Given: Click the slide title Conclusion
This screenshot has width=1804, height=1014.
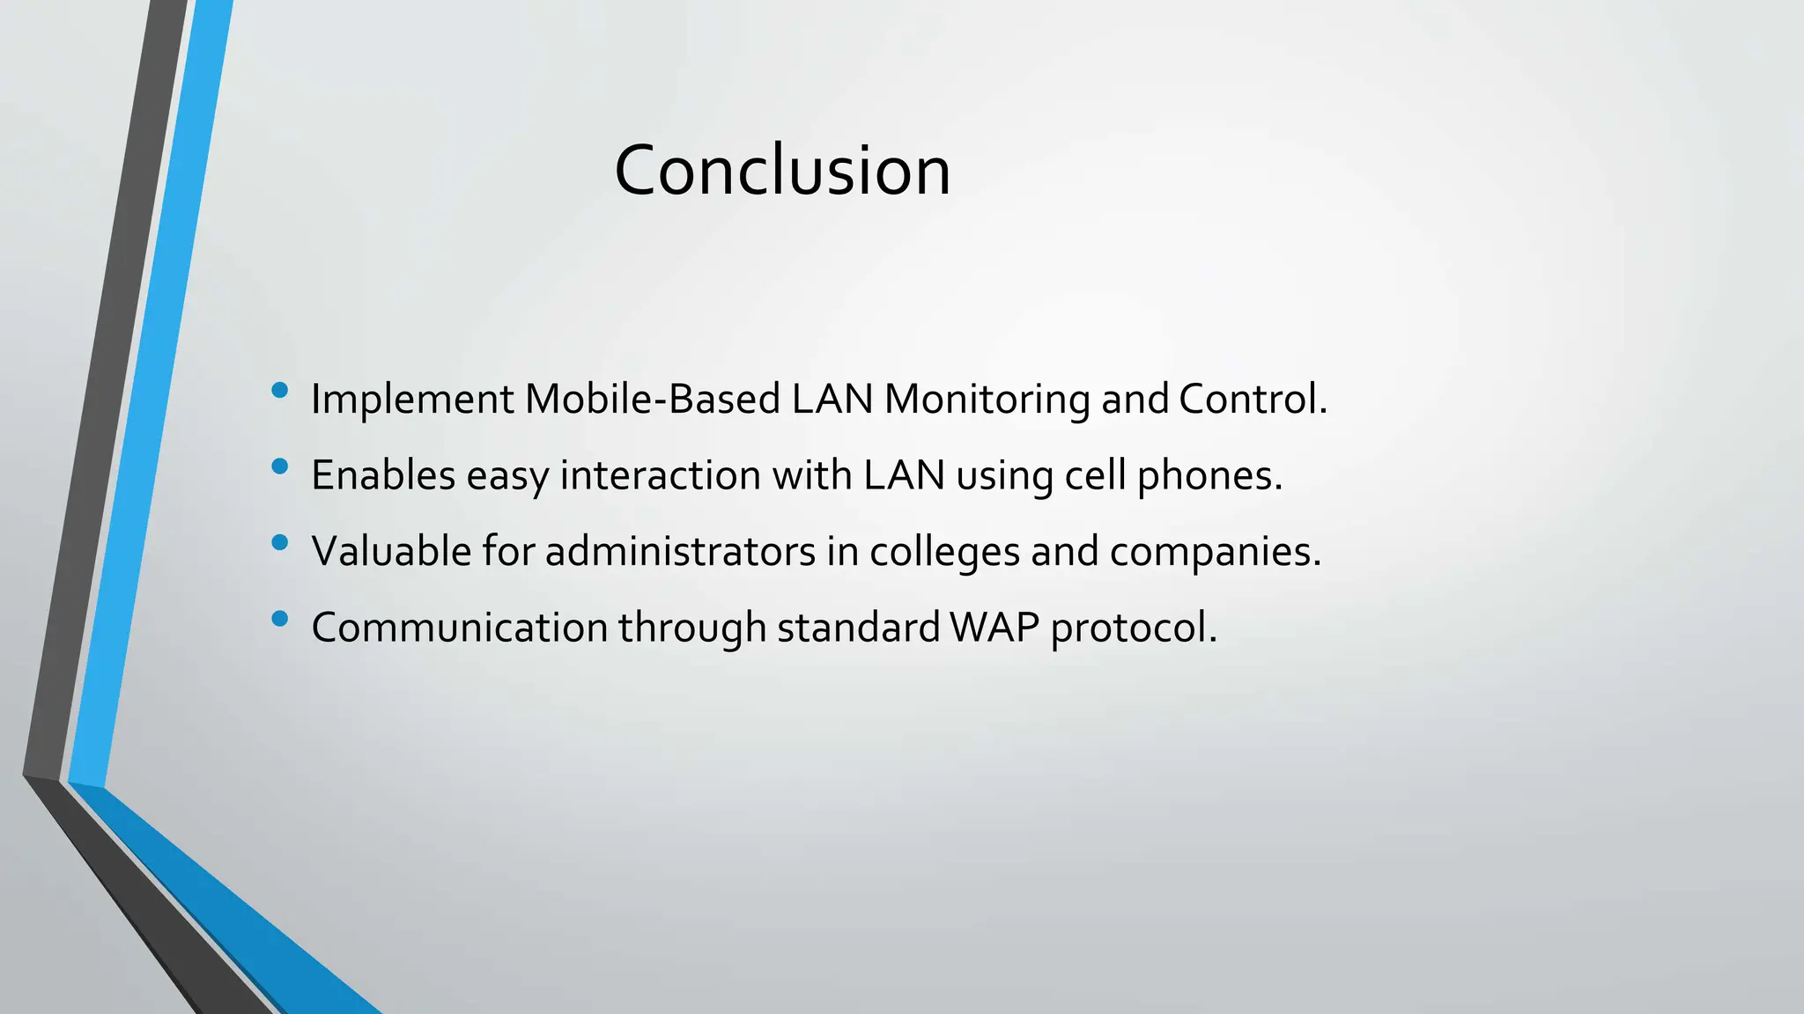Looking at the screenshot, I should tap(782, 170).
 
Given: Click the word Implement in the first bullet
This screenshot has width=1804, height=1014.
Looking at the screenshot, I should tap(412, 400).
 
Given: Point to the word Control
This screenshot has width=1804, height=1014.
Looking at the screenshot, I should tap(1252, 399).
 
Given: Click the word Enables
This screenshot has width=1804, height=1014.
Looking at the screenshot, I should tap(383, 475).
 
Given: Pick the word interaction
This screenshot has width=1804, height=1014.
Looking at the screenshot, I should tap(661, 475).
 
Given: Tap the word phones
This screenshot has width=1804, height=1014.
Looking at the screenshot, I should tap(1209, 476).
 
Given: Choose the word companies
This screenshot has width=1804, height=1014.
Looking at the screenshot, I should tap(1215, 553).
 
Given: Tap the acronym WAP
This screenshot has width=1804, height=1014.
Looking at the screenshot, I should tap(995, 628).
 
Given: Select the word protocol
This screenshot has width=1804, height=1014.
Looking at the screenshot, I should tap(1133, 628).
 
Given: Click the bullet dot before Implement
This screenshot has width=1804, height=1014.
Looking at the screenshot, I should tap(280, 391).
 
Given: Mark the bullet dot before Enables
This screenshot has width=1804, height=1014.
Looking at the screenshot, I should tap(280, 467).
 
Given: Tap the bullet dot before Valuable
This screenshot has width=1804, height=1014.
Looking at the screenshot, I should tap(280, 543).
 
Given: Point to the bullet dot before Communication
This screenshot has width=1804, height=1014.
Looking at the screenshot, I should tap(280, 619).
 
